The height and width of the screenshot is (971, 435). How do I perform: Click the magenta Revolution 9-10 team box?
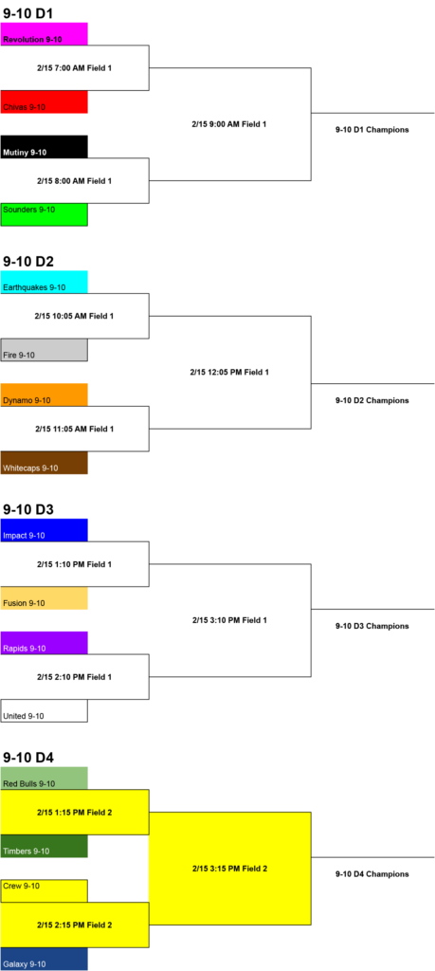pyautogui.click(x=44, y=34)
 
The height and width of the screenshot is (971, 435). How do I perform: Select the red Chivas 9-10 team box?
pyautogui.click(x=44, y=102)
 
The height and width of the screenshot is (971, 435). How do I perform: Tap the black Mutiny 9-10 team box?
pyautogui.click(x=44, y=147)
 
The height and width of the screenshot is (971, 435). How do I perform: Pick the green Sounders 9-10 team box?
pyautogui.click(x=44, y=215)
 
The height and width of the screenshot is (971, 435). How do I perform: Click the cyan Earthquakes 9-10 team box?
pyautogui.click(x=44, y=283)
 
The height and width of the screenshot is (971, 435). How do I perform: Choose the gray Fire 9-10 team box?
pyautogui.click(x=44, y=350)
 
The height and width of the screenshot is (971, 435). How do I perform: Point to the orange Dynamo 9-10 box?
pyautogui.click(x=44, y=395)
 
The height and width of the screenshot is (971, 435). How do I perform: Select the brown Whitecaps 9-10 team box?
pyautogui.click(x=44, y=463)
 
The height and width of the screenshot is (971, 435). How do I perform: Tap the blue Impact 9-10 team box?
pyautogui.click(x=44, y=530)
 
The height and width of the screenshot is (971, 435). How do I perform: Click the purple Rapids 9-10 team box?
pyautogui.click(x=44, y=643)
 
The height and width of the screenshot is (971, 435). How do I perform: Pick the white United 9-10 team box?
pyautogui.click(x=44, y=711)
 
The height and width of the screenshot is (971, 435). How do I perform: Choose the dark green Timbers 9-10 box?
pyautogui.click(x=44, y=846)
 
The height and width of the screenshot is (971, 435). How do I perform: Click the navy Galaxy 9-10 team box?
pyautogui.click(x=44, y=960)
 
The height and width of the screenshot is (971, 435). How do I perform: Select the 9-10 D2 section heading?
pyautogui.click(x=28, y=262)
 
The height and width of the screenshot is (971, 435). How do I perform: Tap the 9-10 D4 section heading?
pyautogui.click(x=28, y=758)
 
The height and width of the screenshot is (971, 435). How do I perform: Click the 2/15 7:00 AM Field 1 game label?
pyautogui.click(x=74, y=67)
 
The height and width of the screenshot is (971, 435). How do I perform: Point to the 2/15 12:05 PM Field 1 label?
pyautogui.click(x=229, y=373)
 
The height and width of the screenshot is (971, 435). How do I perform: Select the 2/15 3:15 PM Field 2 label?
pyautogui.click(x=229, y=869)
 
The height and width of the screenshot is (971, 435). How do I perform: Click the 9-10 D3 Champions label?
pyautogui.click(x=372, y=626)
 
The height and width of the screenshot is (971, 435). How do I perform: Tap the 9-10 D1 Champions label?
pyautogui.click(x=372, y=130)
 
